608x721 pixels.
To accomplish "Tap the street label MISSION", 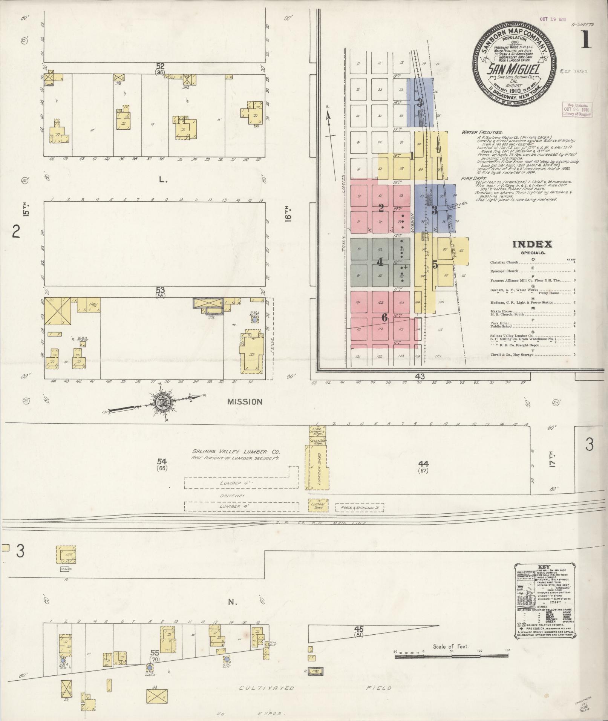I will pos(245,402).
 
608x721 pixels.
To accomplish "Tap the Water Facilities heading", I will pos(481,133).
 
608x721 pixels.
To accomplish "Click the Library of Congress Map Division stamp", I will pos(577,109).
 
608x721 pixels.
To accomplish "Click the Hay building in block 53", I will pos(91,305).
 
